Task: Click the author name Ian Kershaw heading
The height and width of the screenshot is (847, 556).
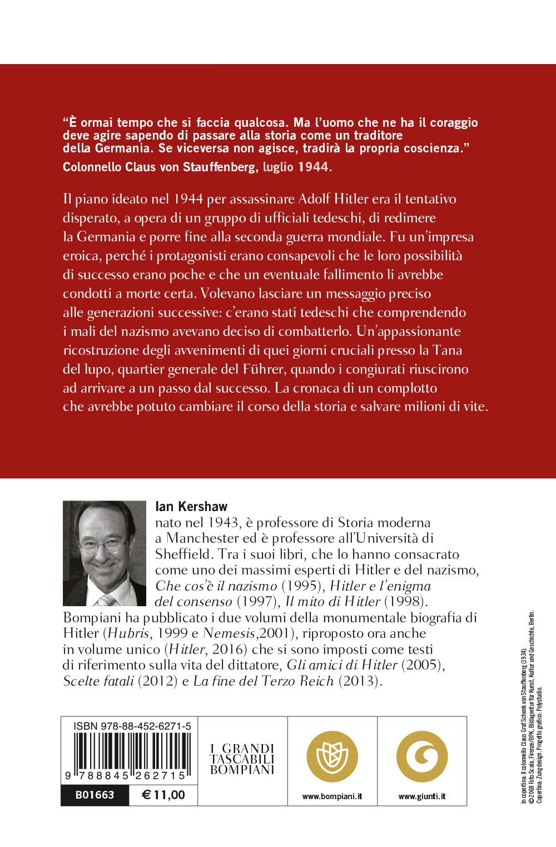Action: [x=191, y=506]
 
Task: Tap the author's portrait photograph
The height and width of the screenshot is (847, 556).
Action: [x=105, y=553]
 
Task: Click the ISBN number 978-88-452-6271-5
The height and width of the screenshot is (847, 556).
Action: [x=132, y=726]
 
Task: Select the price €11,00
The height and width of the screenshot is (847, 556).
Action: [x=163, y=795]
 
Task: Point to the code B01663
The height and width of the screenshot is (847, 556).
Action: [x=95, y=795]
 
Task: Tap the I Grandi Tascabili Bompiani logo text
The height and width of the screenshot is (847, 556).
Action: [x=242, y=759]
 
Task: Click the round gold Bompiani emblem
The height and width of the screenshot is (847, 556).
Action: [x=332, y=756]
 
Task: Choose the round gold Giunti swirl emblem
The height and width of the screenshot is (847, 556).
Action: [x=422, y=756]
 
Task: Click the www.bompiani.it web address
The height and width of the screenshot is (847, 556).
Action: [x=332, y=796]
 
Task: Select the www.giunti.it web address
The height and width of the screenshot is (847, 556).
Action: [x=422, y=796]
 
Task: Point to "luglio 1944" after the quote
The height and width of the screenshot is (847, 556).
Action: [x=297, y=167]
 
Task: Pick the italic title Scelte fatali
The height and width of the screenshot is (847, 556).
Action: [x=98, y=681]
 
